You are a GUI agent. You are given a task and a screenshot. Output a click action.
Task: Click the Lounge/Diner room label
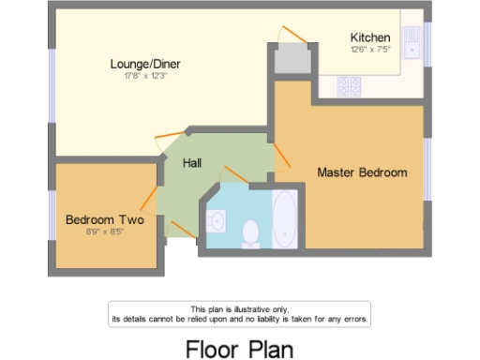[x=144, y=64]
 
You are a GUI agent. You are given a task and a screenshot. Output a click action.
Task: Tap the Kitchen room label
[x=369, y=37]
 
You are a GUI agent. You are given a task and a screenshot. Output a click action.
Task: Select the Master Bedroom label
[x=362, y=172]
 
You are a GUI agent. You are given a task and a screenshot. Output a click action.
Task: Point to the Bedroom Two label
[x=104, y=219]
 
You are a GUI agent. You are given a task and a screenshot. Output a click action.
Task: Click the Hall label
[x=191, y=163]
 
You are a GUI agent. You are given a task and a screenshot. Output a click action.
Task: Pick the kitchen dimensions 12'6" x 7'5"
[x=369, y=49]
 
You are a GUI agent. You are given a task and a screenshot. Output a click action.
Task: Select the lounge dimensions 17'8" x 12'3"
[x=144, y=75]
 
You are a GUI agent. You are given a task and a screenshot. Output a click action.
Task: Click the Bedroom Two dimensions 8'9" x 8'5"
[x=104, y=231]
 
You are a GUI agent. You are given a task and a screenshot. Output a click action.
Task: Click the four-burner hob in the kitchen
[x=350, y=86]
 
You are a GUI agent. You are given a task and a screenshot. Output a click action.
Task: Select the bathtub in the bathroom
[x=284, y=218]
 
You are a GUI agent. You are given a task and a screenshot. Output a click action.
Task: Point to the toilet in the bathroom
[x=250, y=232]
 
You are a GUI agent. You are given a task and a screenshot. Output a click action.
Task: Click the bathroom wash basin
[x=217, y=221]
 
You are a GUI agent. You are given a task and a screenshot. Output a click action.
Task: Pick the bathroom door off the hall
[x=234, y=174]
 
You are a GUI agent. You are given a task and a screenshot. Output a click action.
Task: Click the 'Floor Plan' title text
[x=239, y=348]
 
